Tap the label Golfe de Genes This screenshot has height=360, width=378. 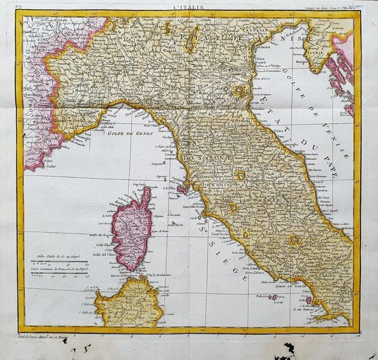(x=127, y=132)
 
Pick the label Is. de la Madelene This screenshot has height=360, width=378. (x=160, y=279)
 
